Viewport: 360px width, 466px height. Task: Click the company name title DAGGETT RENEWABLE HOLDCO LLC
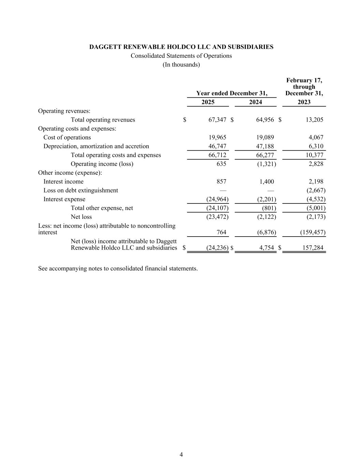[181, 47]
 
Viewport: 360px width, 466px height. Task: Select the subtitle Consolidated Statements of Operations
[181, 56]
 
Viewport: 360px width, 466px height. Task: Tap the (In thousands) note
[181, 65]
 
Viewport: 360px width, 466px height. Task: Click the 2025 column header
[208, 102]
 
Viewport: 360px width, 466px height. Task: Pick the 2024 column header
[256, 102]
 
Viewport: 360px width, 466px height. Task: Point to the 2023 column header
[304, 102]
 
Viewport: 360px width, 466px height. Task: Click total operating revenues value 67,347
[217, 120]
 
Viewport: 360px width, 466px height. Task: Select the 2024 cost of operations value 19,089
[265, 138]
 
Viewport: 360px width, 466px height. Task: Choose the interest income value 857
[221, 182]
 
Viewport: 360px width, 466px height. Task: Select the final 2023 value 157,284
[313, 248]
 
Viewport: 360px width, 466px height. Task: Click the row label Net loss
[81, 217]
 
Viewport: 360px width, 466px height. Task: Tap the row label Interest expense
[64, 199]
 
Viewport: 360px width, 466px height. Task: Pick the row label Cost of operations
[67, 138]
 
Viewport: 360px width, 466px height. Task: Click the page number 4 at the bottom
[181, 454]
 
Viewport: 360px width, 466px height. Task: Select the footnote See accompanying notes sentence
[118, 269]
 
